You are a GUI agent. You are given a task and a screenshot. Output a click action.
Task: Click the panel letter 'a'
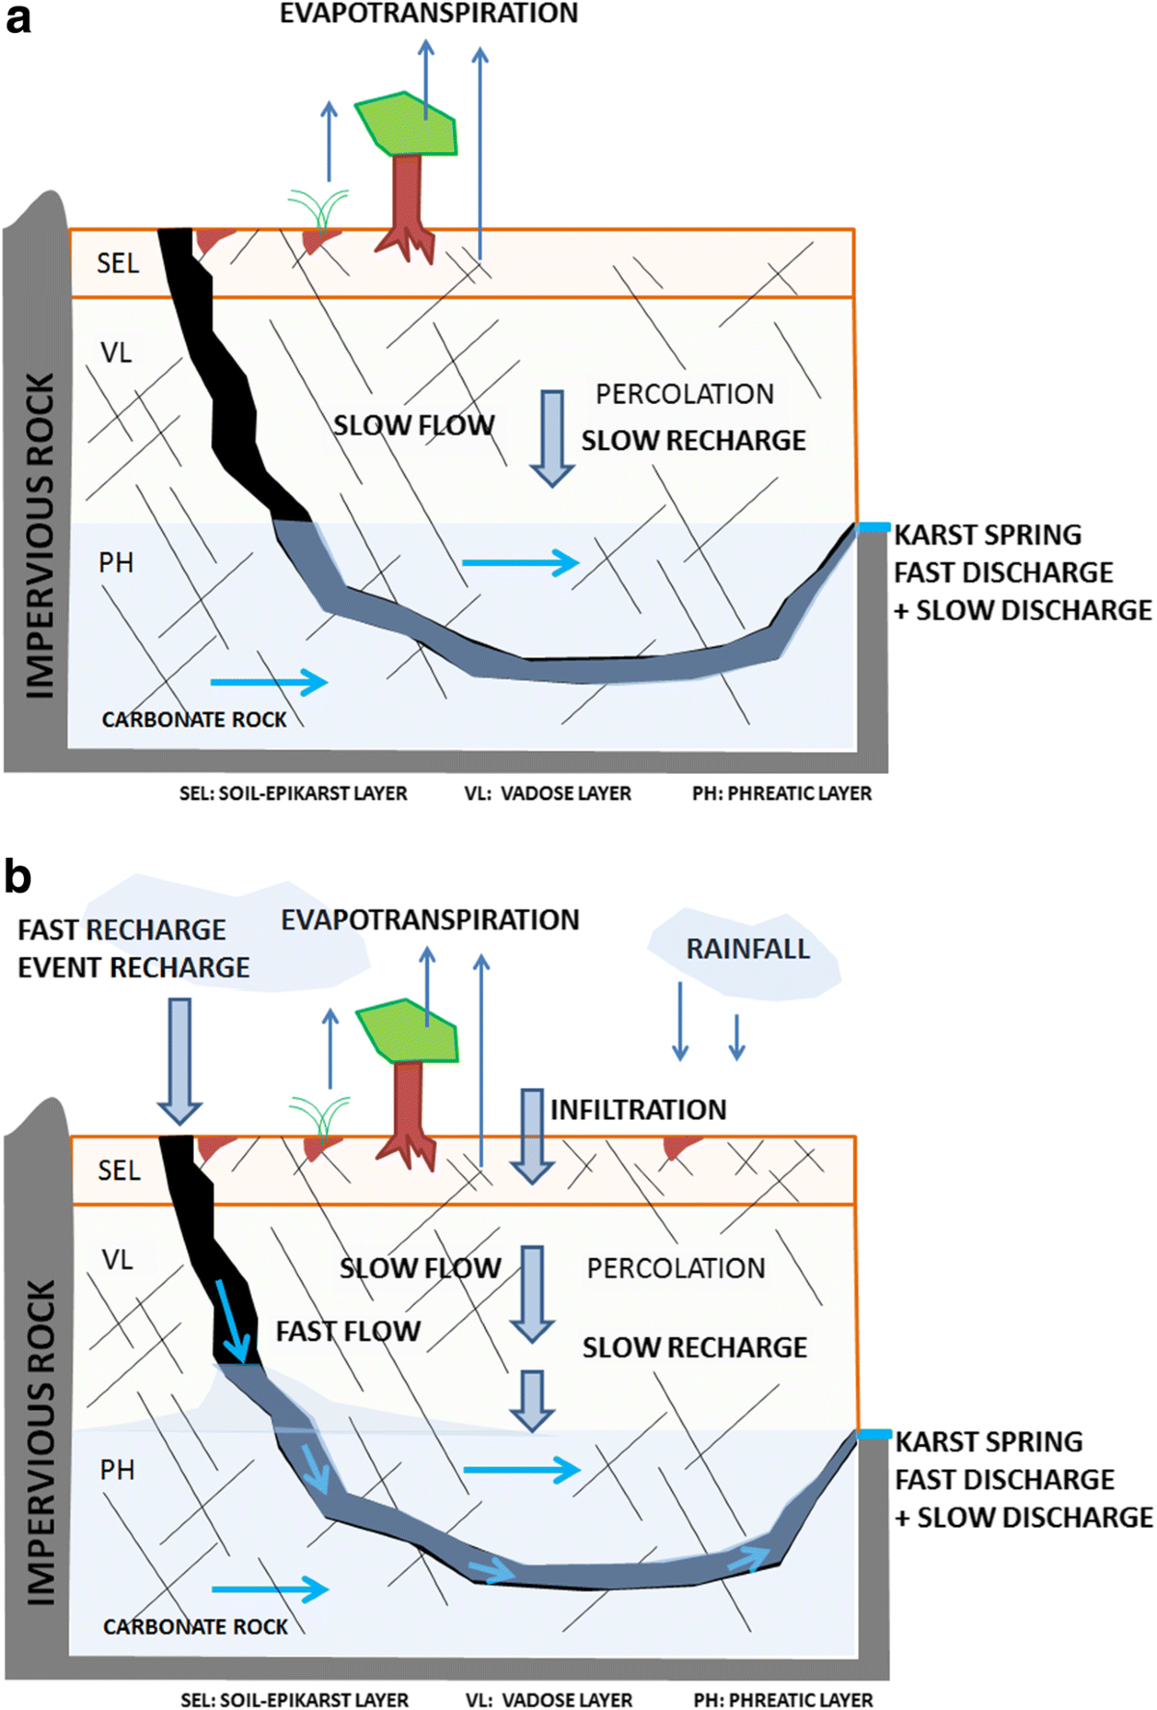point(17,19)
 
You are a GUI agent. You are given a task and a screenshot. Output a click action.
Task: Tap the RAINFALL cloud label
point(747,949)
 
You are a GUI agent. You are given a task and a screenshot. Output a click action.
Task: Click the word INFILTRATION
point(638,1109)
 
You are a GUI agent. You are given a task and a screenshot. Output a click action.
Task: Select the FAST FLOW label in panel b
point(348,1331)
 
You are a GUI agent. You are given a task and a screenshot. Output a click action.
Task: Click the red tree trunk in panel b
point(409,1104)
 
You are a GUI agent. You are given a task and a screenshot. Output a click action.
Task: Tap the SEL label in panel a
point(118,263)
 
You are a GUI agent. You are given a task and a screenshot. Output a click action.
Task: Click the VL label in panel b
point(118,1260)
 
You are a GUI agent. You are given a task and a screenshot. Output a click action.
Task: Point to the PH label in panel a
point(117,563)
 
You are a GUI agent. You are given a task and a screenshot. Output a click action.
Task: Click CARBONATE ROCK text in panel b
point(196,1627)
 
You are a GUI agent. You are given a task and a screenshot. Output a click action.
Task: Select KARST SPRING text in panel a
point(987,535)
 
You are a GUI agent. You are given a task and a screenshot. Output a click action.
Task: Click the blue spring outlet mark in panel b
point(874,1434)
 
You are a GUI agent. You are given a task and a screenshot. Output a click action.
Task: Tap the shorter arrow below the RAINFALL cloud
point(737,1037)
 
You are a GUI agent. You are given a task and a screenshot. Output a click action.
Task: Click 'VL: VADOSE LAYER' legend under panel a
point(548,793)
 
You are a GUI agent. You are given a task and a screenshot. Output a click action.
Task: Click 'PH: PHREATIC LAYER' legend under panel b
point(783,1700)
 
